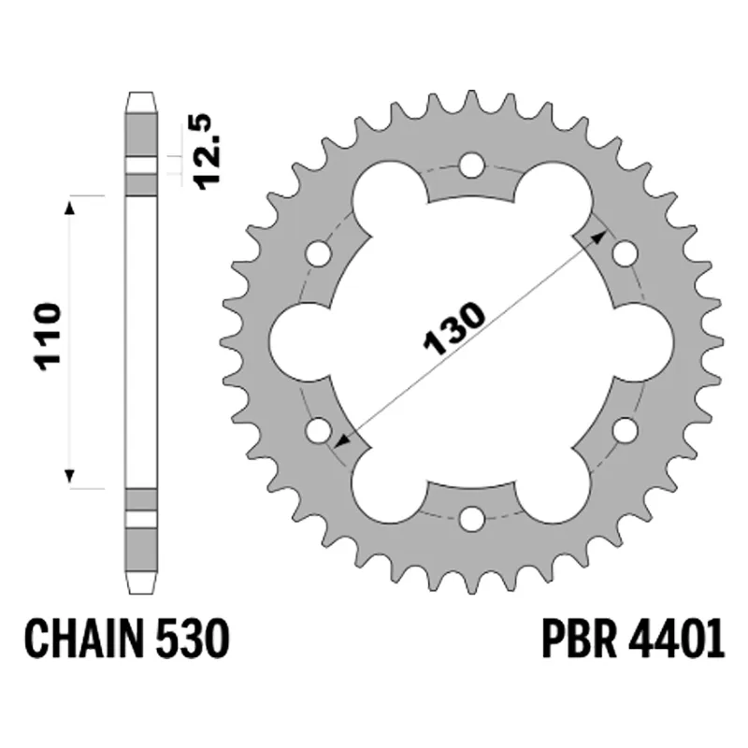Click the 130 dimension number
(x=454, y=329)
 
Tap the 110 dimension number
(x=48, y=337)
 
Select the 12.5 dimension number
(x=208, y=151)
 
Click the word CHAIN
(x=84, y=639)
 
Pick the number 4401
(x=677, y=639)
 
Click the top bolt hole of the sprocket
(x=471, y=165)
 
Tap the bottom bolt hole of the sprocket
(x=471, y=519)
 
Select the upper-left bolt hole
(x=318, y=253)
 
